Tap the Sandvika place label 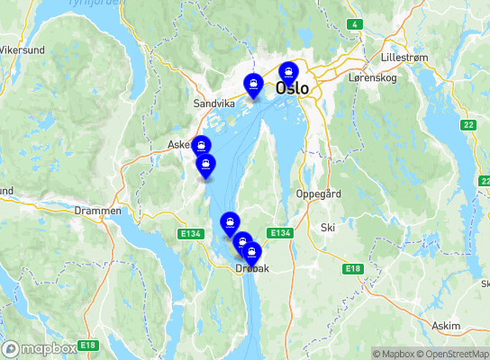(213, 103)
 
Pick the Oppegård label (318, 193)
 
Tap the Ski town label (327, 228)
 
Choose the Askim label (445, 325)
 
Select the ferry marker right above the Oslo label (288, 72)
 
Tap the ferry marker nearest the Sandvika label (255, 85)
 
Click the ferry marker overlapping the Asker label (201, 146)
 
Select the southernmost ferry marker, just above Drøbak (252, 254)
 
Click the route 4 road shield (356, 24)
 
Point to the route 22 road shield (467, 125)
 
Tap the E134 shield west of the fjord (189, 234)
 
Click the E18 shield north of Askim (352, 269)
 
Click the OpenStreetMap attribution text (455, 354)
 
